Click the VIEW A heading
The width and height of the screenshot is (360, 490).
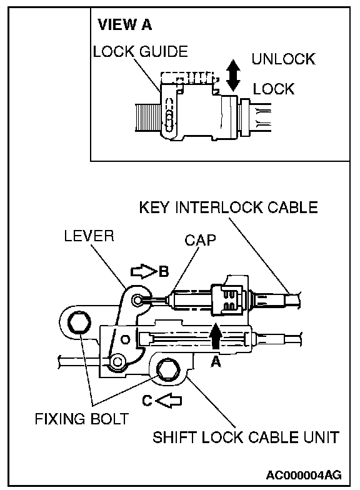pos(125,25)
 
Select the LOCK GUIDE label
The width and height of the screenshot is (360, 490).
pos(140,51)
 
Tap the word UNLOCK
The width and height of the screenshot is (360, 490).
pos(284,59)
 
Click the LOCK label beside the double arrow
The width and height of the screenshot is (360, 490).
pos(274,89)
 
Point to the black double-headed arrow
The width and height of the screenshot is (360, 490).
pos(233,75)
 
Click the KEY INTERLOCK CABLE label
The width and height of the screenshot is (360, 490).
pos(229,207)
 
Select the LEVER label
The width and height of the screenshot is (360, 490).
pos(89,236)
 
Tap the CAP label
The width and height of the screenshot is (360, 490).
pos(200,240)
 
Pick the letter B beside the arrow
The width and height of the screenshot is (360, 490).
pos(164,271)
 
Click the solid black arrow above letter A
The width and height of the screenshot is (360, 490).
pos(216,336)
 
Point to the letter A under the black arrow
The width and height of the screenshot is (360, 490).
pos(216,362)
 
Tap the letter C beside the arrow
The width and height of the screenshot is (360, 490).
pos(147,401)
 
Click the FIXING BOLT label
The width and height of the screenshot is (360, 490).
pos(81,419)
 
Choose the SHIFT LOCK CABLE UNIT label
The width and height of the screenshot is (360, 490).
pos(246,437)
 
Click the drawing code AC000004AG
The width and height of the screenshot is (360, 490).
pos(304,475)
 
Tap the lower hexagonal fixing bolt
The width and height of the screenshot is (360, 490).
pos(168,370)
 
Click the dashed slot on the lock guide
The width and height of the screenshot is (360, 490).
pos(169,115)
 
